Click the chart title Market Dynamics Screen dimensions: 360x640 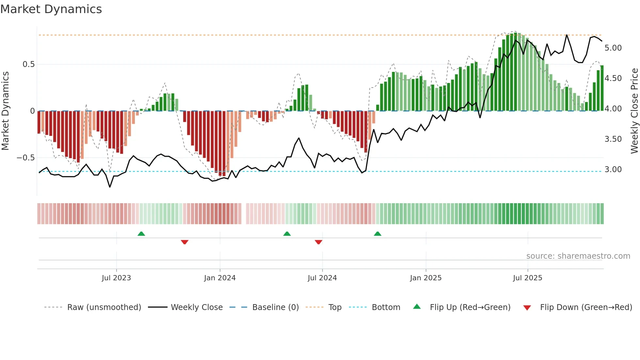click(51, 9)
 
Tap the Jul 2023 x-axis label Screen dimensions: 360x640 click(116, 278)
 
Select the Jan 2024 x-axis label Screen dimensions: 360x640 click(220, 278)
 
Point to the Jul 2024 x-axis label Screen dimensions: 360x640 click(322, 278)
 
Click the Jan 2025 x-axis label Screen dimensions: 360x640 click(425, 278)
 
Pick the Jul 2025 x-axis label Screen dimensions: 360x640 click(527, 278)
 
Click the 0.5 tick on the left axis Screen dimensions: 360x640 click(28, 64)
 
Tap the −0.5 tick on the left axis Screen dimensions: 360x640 click(25, 158)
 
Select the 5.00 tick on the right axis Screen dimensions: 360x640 click(613, 48)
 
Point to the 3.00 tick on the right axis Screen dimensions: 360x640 click(613, 170)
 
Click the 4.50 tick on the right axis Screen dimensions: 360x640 click(613, 78)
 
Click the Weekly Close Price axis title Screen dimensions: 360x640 click(634, 111)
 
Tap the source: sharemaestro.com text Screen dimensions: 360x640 click(578, 256)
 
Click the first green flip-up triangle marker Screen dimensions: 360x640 click(141, 234)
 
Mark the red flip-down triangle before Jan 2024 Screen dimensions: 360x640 click(184, 242)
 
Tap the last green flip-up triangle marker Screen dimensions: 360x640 click(377, 234)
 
